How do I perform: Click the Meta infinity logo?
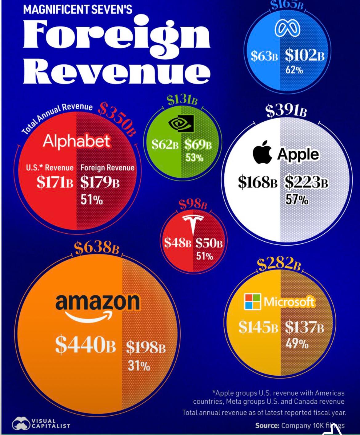(x=287, y=29)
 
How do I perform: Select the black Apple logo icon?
(x=262, y=152)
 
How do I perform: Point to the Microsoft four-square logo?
(x=252, y=302)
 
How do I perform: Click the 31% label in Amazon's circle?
(x=139, y=366)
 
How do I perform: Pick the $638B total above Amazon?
(x=97, y=248)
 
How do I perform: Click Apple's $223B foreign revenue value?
(x=306, y=182)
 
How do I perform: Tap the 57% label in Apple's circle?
(x=297, y=200)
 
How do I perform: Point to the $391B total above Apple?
(x=286, y=111)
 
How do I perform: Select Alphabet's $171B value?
(x=55, y=182)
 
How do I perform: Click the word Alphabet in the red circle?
(x=76, y=141)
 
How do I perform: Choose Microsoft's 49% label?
(x=297, y=343)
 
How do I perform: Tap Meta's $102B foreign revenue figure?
(x=304, y=56)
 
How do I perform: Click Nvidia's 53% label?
(x=194, y=158)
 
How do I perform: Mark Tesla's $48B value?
(x=178, y=243)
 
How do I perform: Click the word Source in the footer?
(x=267, y=425)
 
